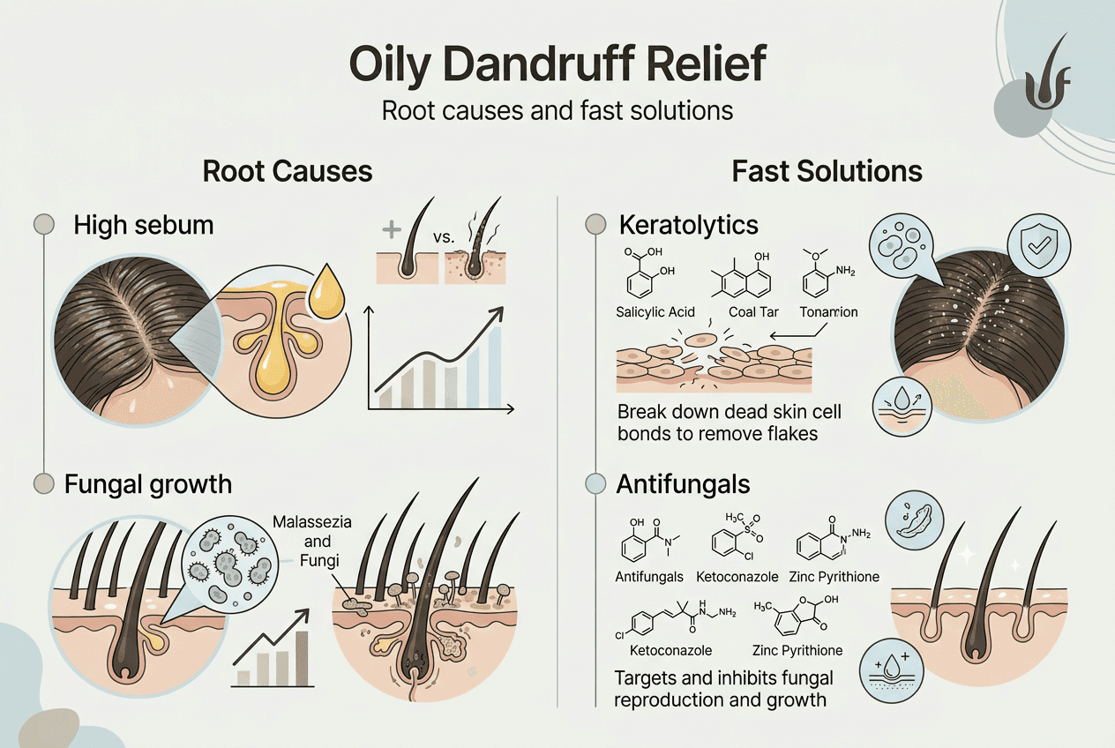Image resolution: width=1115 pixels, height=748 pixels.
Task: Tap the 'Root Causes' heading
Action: [x=288, y=170]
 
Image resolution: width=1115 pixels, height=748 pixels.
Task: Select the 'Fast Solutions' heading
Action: [x=827, y=170]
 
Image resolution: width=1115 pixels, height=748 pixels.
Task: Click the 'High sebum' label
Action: [x=144, y=225]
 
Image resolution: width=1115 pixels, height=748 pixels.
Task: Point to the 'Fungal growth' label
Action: [x=148, y=483]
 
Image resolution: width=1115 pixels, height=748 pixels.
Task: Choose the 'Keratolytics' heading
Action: [x=688, y=225]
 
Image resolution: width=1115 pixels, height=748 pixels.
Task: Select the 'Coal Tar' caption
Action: [x=751, y=312]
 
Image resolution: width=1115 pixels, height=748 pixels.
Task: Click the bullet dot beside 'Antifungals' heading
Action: [x=596, y=483]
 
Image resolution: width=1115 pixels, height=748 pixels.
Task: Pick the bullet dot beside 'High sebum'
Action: [x=43, y=225]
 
